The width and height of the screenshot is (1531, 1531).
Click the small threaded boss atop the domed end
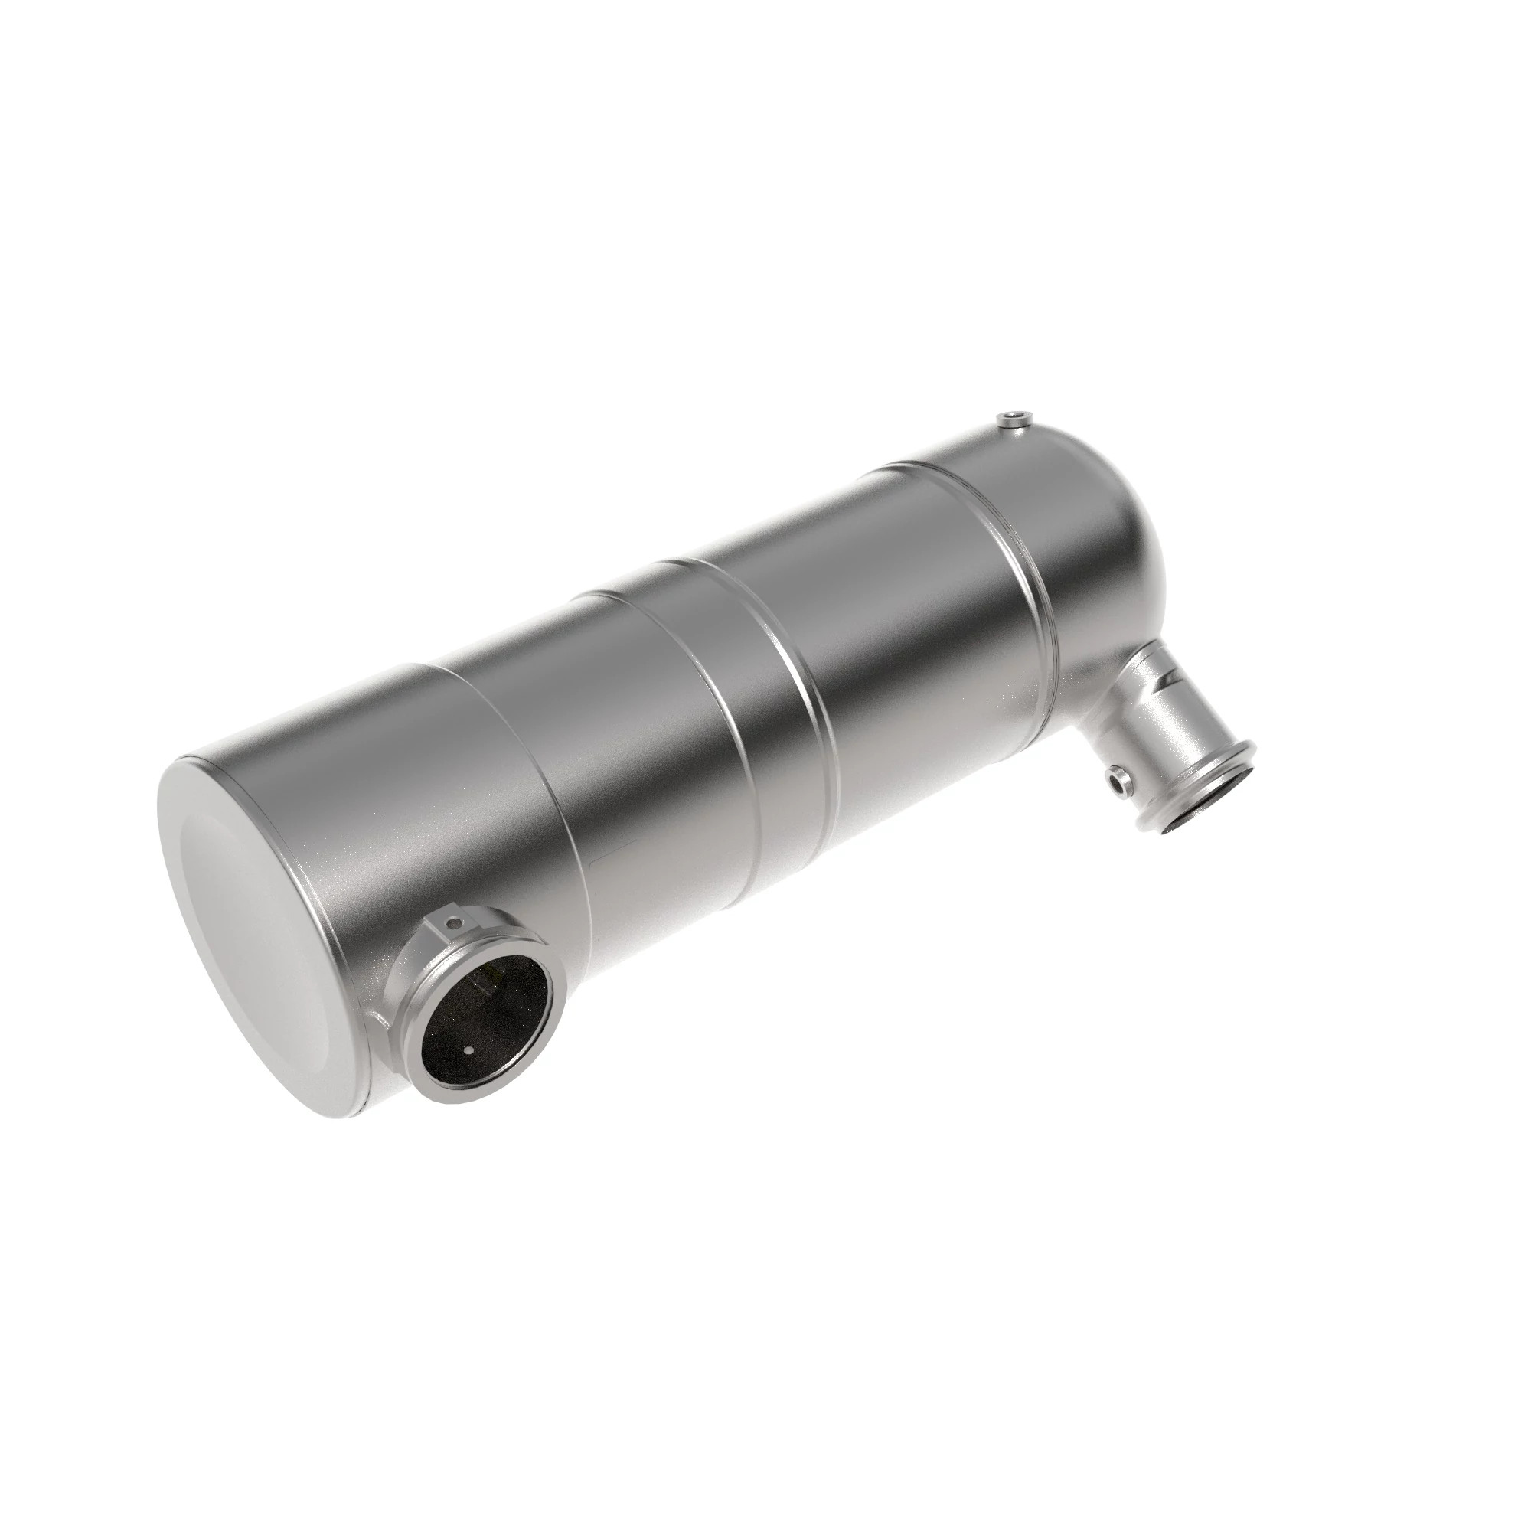(1012, 420)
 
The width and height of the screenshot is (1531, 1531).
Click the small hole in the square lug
(452, 922)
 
